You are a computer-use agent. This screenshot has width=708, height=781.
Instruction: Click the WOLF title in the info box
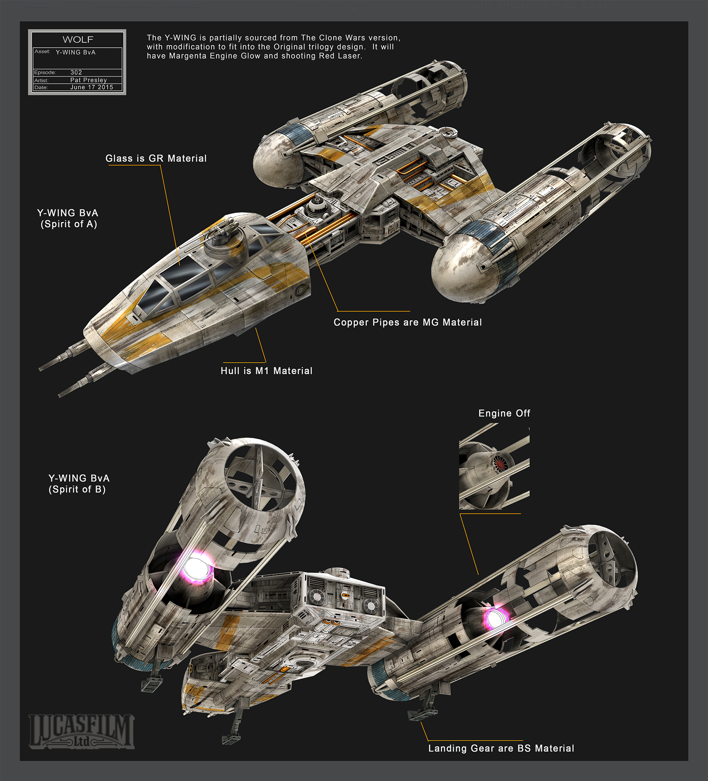point(78,39)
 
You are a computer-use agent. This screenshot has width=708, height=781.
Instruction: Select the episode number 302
point(76,72)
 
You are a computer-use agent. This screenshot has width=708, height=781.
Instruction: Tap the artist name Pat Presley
point(88,80)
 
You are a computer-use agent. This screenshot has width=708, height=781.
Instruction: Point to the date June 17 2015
point(92,87)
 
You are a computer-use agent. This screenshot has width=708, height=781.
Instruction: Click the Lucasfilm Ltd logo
point(81,731)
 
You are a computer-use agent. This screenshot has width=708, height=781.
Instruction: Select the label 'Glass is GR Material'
point(156,158)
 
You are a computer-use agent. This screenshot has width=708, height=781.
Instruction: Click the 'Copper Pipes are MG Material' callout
point(408,322)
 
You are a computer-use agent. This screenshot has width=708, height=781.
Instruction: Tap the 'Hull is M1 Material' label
point(267,371)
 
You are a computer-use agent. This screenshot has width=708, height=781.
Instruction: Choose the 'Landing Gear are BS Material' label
point(501,748)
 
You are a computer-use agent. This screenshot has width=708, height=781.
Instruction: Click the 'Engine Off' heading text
point(504,413)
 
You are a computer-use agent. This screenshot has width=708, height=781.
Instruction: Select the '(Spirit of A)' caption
point(69,224)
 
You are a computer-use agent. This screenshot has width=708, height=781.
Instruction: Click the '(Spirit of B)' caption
point(77,489)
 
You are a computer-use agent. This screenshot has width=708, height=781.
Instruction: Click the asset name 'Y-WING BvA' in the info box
point(76,52)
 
